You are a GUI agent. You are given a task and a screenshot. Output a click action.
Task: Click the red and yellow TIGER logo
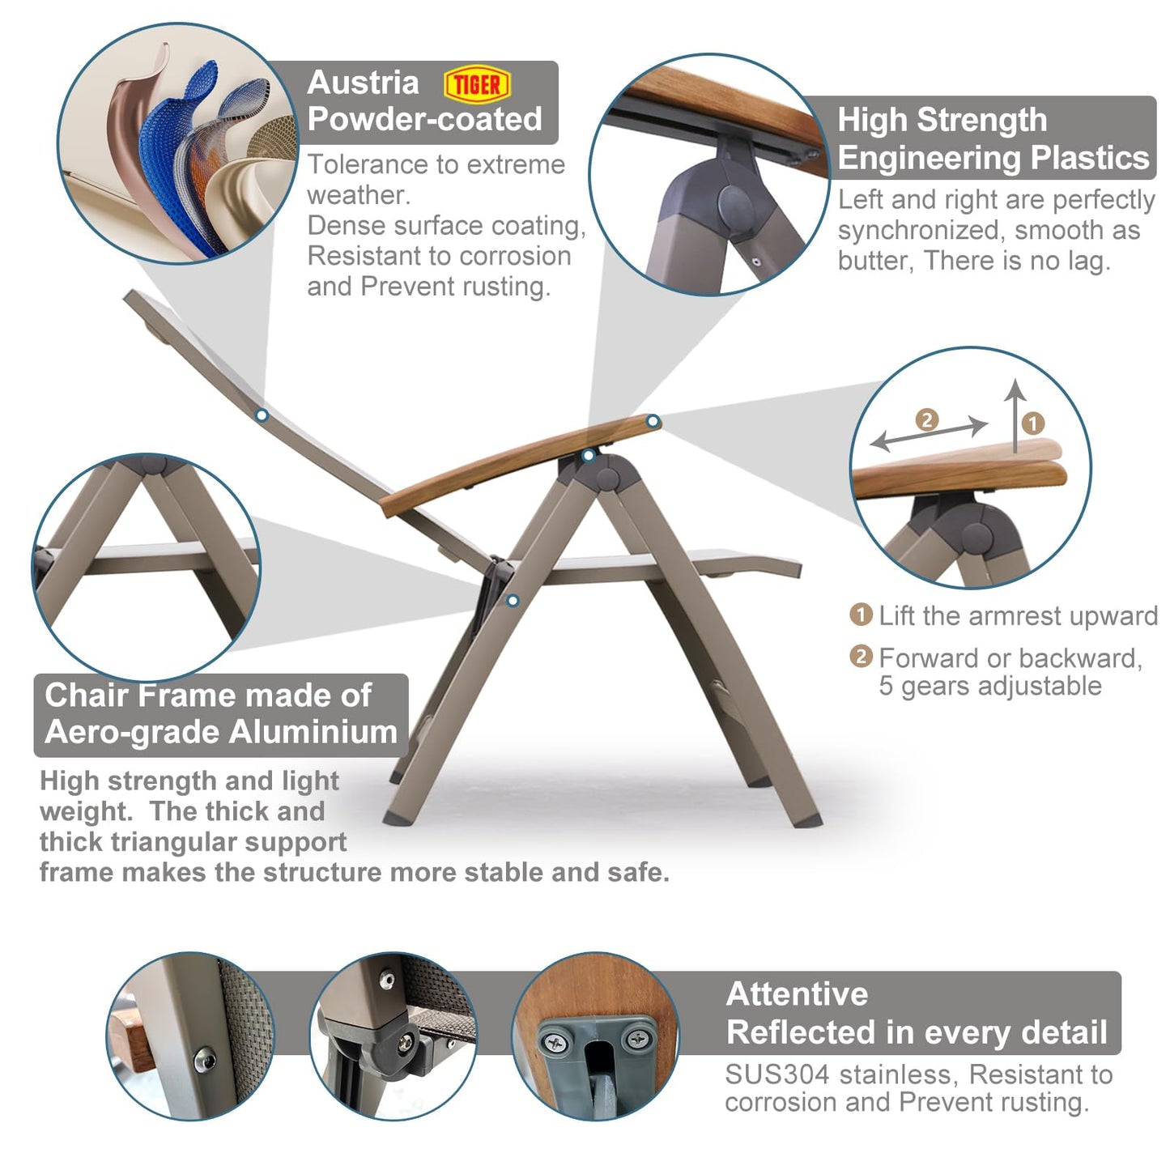(477, 84)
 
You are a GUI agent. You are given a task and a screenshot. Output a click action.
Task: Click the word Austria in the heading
(363, 83)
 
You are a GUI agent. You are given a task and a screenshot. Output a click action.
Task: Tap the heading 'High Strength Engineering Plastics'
(993, 138)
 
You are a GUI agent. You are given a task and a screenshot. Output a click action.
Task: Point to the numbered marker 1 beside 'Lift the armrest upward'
(861, 615)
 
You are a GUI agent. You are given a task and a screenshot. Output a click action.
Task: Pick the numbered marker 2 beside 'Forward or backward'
(861, 657)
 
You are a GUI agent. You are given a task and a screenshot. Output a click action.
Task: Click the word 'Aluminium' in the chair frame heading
(313, 732)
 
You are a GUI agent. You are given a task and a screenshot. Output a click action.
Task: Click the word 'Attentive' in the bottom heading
(797, 994)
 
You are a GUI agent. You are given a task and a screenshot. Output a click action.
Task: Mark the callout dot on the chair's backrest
(262, 415)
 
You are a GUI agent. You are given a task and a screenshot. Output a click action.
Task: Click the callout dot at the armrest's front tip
(653, 421)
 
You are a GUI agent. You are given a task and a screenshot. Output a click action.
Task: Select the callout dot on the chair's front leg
(513, 601)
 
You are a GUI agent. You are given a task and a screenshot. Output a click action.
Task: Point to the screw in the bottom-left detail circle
(205, 1060)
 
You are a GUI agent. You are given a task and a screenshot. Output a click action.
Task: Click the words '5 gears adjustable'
(989, 686)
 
